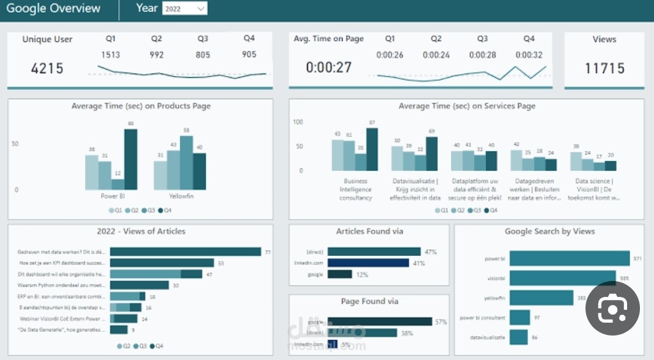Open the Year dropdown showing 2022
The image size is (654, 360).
(x=184, y=9)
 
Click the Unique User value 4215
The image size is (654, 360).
(x=47, y=67)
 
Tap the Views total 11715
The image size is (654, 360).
(x=604, y=67)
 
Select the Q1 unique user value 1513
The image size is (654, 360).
(x=111, y=54)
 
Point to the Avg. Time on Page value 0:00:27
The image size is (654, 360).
(x=329, y=67)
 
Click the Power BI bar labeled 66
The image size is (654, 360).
(x=131, y=159)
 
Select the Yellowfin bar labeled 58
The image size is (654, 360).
(x=186, y=162)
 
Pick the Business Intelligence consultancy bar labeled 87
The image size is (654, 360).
(x=372, y=149)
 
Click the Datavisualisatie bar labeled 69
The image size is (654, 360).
(x=431, y=154)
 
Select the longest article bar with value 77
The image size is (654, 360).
(x=185, y=252)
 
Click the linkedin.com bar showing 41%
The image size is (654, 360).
(x=368, y=263)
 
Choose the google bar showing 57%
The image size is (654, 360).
(x=379, y=322)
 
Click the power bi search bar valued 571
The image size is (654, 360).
(x=570, y=259)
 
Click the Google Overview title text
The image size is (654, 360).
(x=53, y=8)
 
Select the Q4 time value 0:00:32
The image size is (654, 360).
(x=529, y=54)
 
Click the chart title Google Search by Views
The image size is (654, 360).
(x=549, y=231)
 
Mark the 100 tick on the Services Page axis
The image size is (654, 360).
(x=298, y=122)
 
